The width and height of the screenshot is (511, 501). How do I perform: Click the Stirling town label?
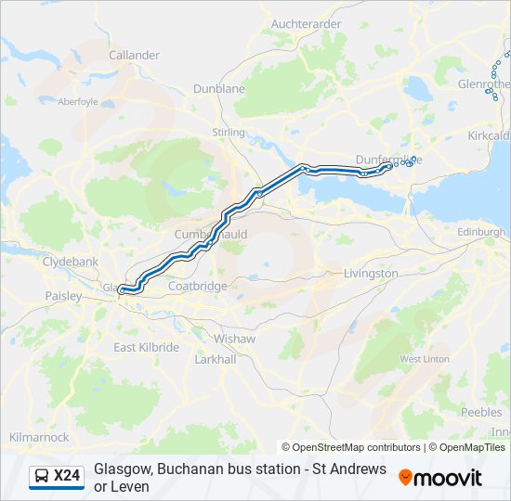(x=229, y=133)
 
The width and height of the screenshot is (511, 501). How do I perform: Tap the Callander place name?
(x=135, y=55)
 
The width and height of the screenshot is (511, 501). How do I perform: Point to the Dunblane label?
(x=219, y=88)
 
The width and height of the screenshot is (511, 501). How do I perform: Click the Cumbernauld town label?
(x=211, y=235)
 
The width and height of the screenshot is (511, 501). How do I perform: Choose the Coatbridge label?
(x=198, y=286)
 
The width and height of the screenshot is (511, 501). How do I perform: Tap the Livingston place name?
(x=371, y=274)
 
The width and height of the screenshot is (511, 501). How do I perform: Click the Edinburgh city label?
(x=481, y=231)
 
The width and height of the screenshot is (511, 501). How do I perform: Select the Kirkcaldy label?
(x=490, y=135)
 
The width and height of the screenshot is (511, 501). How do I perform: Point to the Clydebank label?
(x=71, y=262)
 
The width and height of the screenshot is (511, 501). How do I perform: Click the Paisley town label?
(x=63, y=296)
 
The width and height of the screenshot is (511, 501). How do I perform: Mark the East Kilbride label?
(x=146, y=347)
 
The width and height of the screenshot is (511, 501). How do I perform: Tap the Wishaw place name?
(x=234, y=339)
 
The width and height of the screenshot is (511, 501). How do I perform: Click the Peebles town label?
(x=481, y=412)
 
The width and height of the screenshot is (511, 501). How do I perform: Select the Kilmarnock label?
(x=39, y=436)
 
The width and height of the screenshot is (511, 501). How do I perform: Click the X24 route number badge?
(x=57, y=476)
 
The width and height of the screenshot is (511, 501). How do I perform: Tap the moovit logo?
(x=440, y=477)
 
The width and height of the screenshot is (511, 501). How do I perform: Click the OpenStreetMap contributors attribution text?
(x=351, y=447)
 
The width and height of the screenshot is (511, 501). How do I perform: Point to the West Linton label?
(x=423, y=358)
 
